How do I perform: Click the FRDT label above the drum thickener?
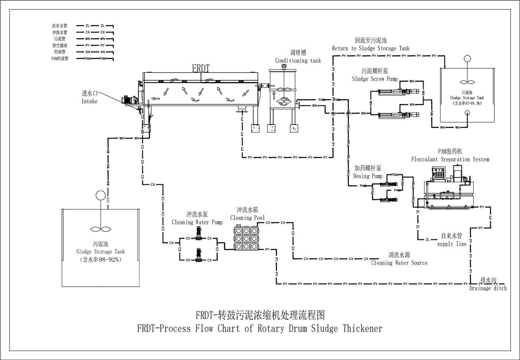tap(200, 68)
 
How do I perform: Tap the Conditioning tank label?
tap(298, 61)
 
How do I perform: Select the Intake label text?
tap(89, 101)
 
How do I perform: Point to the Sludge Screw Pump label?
tap(375, 79)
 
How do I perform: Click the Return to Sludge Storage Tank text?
tap(371, 48)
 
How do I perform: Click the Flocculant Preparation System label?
tap(450, 160)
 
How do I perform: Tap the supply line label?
tap(452, 244)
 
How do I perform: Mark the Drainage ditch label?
tap(488, 288)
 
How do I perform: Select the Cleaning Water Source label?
tap(399, 263)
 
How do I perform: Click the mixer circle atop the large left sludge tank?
tap(100, 195)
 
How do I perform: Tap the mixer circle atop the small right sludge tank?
tap(468, 59)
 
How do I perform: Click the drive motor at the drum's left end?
tap(129, 100)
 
